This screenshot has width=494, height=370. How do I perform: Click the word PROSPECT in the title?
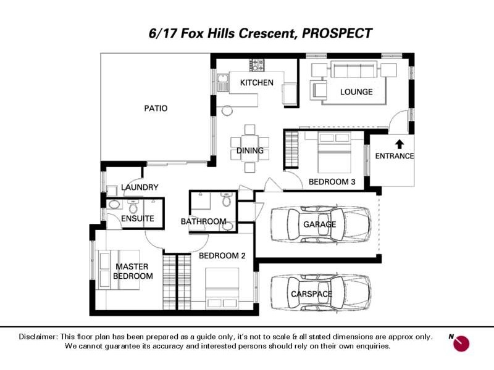click(337, 33)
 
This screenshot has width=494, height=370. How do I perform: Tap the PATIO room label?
click(156, 109)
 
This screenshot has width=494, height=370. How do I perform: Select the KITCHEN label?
click(256, 83)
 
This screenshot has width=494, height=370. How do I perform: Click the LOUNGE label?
click(356, 92)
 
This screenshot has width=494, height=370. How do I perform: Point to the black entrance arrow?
click(399, 144)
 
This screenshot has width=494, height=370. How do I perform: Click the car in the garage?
click(320, 224)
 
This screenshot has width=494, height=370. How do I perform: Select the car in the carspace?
click(320, 294)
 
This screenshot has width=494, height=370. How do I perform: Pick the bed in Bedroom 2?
click(223, 289)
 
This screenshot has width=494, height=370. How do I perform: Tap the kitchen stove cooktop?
click(256, 63)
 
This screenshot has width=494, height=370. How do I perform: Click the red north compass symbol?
click(461, 343)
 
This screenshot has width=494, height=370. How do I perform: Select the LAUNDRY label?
click(140, 187)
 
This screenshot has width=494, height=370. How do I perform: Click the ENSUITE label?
click(137, 218)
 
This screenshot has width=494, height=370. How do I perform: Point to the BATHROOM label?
click(203, 221)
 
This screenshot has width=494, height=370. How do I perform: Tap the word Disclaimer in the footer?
click(38, 337)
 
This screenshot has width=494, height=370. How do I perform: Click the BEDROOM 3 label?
click(332, 182)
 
